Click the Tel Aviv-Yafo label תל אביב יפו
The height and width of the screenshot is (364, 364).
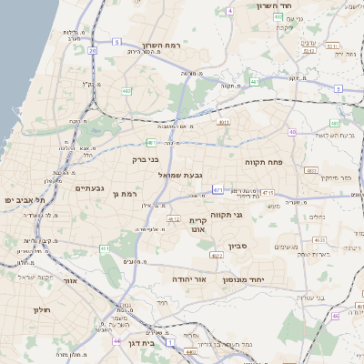point(20,198)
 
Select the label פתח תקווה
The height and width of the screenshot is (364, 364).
point(264,162)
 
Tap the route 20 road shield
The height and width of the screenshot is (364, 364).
point(92,51)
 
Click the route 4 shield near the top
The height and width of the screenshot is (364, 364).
point(230,11)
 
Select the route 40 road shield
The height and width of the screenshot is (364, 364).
point(292,133)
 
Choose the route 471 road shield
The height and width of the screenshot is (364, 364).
point(217,189)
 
